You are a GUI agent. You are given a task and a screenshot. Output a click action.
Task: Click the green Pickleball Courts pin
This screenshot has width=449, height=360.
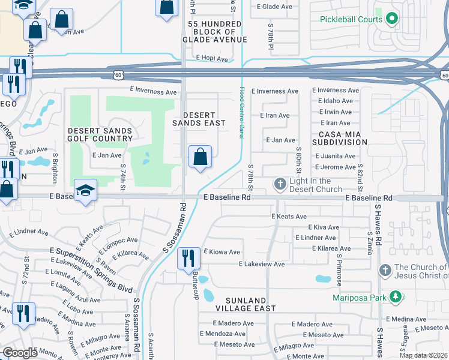(392, 19)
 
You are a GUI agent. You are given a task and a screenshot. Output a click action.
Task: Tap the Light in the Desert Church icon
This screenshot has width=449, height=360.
(280, 184)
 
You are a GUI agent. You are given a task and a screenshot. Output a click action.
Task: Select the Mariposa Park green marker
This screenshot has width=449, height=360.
(395, 296)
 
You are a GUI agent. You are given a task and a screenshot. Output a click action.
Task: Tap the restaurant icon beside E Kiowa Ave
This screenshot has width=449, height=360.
(188, 258)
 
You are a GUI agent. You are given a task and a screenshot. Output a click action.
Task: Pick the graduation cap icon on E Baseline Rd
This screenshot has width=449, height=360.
(85, 190)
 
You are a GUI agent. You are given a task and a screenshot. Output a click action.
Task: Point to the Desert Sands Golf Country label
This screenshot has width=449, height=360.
(100, 134)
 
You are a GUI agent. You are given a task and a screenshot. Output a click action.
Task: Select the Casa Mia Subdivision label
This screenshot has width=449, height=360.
(340, 138)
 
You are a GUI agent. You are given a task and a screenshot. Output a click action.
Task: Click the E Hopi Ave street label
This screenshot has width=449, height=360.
(212, 59)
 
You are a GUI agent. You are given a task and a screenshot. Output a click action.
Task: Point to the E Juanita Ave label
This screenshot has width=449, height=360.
(336, 156)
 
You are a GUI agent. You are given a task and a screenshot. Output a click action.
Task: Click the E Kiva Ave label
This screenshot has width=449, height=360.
(324, 227)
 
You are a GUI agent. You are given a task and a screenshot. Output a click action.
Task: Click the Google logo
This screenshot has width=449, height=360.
(20, 353)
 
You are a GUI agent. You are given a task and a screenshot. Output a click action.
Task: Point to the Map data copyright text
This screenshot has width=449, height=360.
(423, 355)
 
